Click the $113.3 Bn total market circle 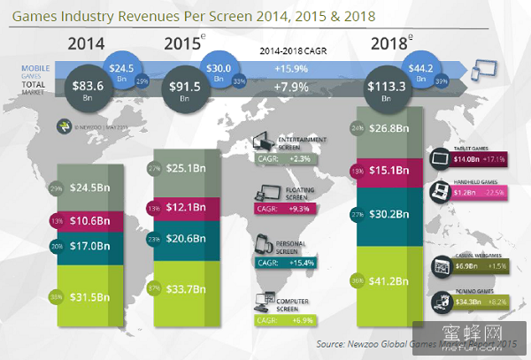pos(391,89)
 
